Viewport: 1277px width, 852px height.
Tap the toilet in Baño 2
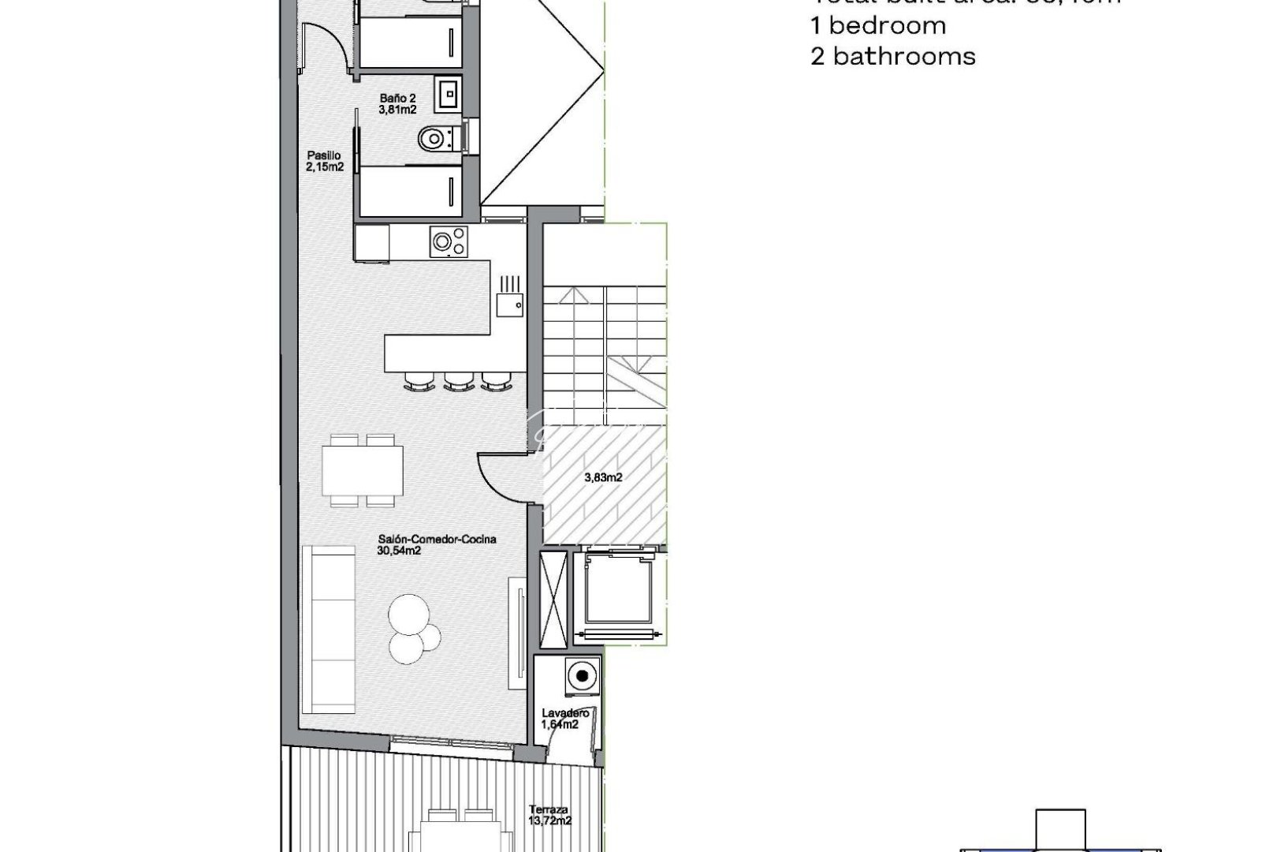coord(433,140)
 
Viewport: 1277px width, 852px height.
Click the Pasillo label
coord(324,155)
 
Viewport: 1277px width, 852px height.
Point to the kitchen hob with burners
coord(448,241)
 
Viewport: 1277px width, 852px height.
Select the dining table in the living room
coord(363,470)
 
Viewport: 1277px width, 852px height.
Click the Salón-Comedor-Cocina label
coord(437,540)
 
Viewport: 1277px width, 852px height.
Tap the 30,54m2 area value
coord(399,551)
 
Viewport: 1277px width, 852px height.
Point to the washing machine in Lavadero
coord(582,675)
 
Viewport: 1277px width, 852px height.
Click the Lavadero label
coord(565,713)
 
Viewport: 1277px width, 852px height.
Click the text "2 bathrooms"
coord(892,56)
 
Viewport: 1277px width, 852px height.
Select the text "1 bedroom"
coord(878,25)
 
